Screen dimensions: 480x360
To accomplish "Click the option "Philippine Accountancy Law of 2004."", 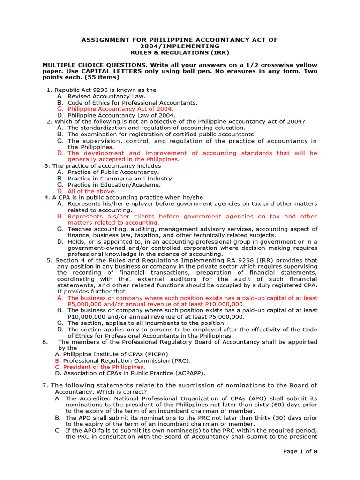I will (122, 115).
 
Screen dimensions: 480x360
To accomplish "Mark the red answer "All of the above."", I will (92, 191).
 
